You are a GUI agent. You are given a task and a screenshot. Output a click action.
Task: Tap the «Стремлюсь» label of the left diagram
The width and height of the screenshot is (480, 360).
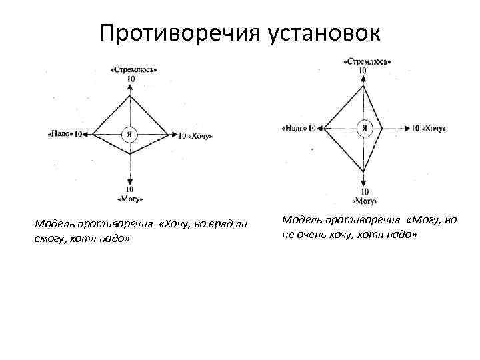(130, 69)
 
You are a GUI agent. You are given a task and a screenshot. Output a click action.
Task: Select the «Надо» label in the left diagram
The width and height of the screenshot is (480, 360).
(61, 134)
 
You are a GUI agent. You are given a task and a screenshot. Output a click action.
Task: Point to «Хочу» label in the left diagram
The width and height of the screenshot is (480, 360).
(200, 136)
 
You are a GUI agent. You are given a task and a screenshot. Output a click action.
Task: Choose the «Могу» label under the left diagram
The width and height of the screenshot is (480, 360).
(130, 199)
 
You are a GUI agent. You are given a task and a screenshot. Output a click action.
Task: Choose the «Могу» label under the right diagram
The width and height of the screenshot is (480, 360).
(364, 200)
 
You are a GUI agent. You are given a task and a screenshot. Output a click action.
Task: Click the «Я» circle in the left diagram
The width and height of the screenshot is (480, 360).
(130, 134)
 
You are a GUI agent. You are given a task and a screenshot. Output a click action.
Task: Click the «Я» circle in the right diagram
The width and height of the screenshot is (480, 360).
(363, 127)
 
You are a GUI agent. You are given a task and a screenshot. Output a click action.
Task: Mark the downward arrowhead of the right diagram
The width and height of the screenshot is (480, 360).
(363, 181)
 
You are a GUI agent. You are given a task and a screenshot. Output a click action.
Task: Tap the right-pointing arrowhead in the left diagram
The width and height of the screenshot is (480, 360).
(172, 135)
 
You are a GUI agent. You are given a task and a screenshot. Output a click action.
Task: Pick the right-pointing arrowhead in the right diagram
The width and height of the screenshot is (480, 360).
(406, 127)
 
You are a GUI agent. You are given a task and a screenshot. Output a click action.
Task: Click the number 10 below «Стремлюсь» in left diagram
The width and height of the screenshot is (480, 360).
(130, 79)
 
